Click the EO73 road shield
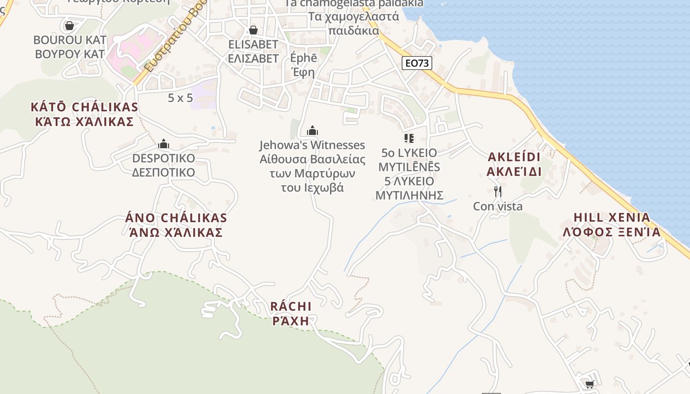416,63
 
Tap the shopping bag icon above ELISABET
253,30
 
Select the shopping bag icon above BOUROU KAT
69,25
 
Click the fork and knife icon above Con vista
498,192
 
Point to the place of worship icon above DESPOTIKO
164,144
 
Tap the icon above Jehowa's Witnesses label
312,131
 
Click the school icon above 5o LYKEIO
409,138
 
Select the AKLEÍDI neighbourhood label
514,157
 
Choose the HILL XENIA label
612,218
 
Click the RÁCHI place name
291,306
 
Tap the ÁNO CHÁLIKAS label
176,218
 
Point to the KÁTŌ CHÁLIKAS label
84,107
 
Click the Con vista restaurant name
498,206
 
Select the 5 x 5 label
180,98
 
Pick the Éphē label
304,58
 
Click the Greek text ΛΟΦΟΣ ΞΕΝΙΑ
612,232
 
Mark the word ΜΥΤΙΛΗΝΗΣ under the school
409,196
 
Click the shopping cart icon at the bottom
589,384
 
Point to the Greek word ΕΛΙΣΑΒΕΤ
253,59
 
